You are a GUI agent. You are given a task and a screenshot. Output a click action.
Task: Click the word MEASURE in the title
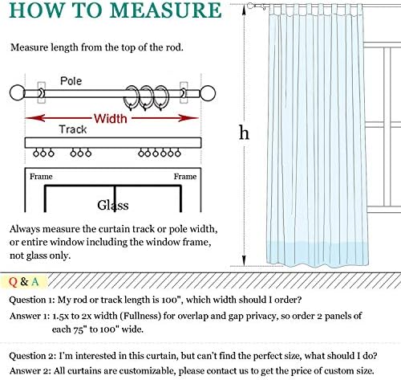(166, 10)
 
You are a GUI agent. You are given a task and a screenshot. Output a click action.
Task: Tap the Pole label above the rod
(71, 81)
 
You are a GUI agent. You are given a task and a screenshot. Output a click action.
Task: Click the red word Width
(111, 118)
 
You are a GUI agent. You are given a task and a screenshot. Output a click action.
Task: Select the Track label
(73, 129)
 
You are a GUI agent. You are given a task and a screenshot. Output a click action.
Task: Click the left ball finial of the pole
(17, 93)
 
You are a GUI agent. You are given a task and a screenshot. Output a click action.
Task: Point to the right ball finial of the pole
(208, 93)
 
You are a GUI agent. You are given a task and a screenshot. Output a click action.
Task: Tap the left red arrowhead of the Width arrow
(34, 117)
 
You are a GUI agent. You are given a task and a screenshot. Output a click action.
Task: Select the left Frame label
(41, 177)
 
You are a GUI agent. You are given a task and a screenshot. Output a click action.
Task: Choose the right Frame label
(185, 177)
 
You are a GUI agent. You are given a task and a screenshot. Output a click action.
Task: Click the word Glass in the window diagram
(113, 205)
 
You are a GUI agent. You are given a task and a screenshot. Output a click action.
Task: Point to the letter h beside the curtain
(244, 133)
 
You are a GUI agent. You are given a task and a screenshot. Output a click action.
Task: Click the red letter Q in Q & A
(13, 282)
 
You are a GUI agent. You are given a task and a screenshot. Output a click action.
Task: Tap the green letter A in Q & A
(35, 282)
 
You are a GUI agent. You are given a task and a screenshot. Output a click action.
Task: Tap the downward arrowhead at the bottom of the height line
(244, 260)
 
